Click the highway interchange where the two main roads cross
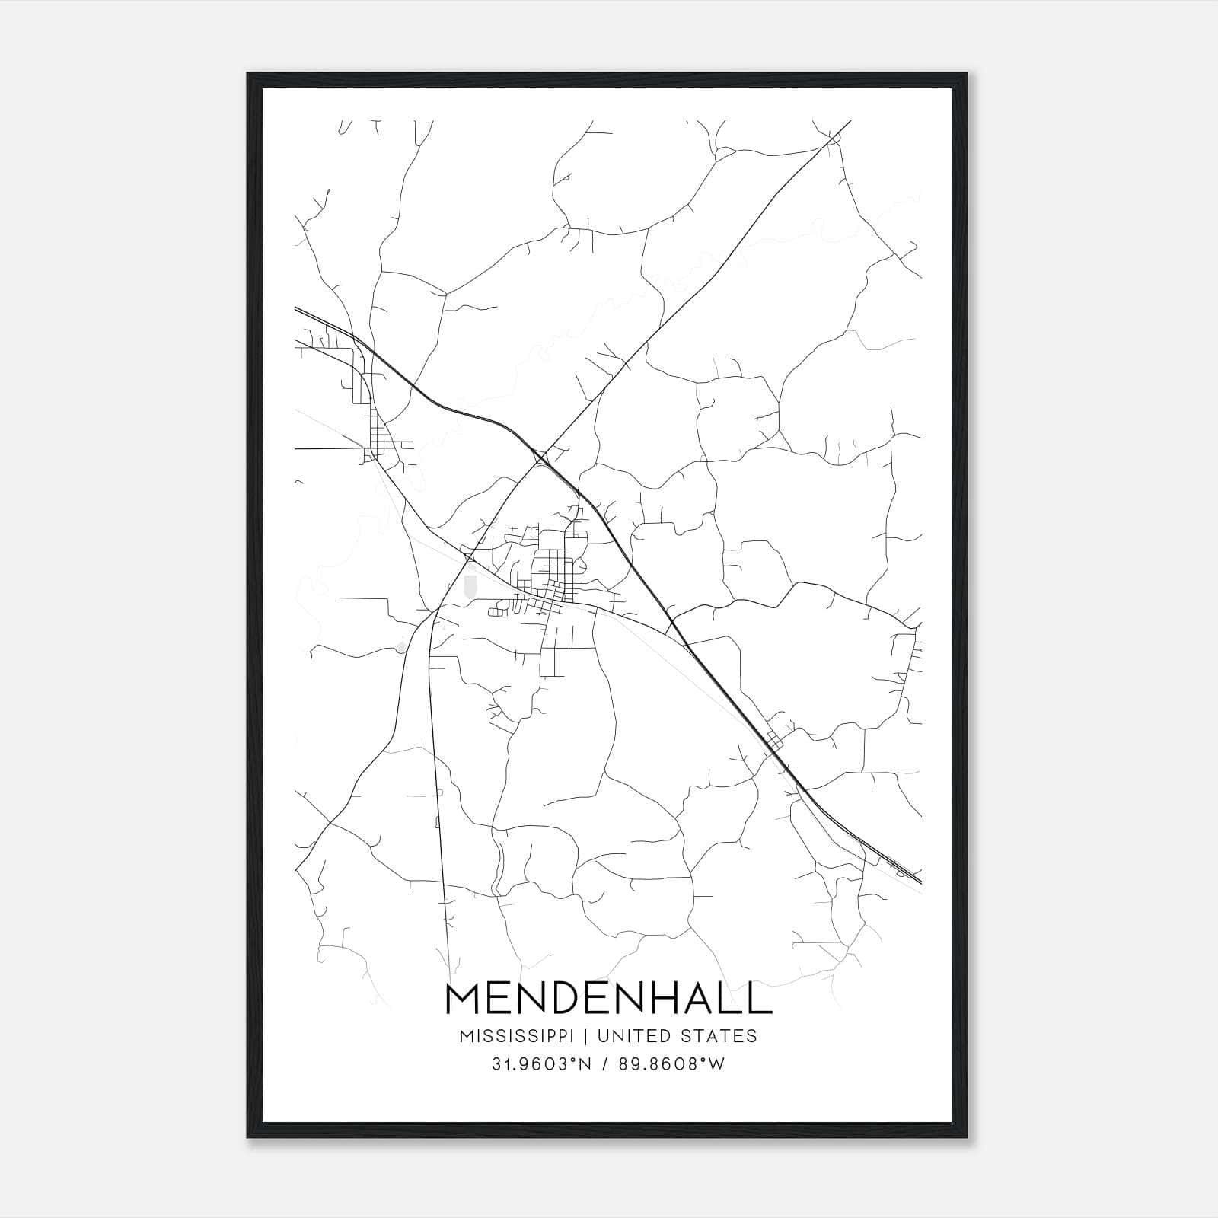click(542, 458)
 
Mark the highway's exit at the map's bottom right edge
click(919, 882)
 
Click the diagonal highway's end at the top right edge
click(849, 121)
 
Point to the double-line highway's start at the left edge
click(296, 308)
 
